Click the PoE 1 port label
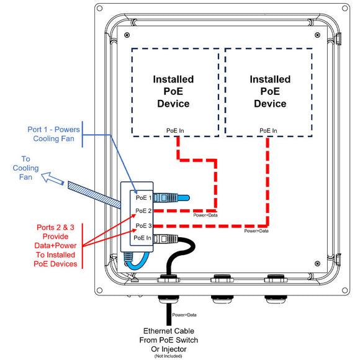pos(143,197)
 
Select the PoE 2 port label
pos(143,211)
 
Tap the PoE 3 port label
pos(143,225)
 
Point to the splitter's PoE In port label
pos(143,238)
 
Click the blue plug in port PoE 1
pos(171,198)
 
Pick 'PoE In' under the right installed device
pos(268,130)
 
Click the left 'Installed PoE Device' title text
pos(174,91)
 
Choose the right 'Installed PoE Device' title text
pos(270,91)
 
